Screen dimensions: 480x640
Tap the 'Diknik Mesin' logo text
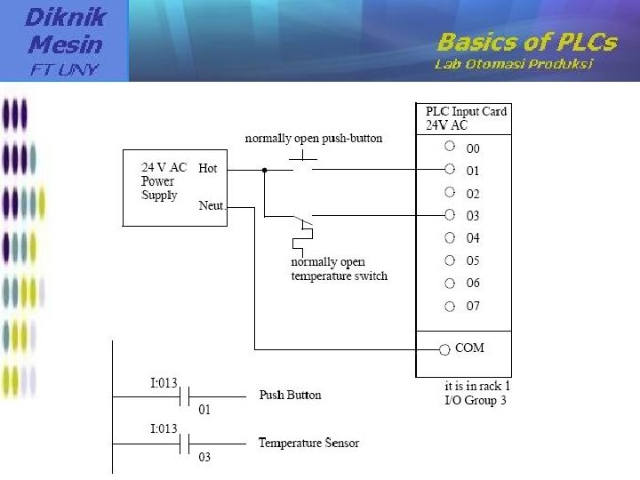point(64,30)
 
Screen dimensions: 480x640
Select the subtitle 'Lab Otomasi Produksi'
point(513,64)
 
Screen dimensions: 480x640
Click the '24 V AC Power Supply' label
point(164,181)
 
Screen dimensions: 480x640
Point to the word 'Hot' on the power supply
point(208,168)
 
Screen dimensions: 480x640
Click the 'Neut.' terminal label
point(212,205)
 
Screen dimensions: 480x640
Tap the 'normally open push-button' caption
point(313,139)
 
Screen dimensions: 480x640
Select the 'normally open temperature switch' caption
point(339,269)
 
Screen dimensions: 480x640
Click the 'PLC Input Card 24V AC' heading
point(465,118)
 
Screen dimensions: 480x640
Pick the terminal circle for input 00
point(450,146)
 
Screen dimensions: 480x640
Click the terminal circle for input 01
point(450,169)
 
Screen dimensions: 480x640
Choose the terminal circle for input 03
point(450,214)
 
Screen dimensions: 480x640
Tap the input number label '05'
point(473,261)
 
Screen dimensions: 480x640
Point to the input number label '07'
point(473,307)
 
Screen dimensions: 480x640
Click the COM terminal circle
point(444,348)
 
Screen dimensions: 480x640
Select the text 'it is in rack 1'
point(477,387)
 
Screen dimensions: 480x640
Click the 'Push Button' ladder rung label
point(290,396)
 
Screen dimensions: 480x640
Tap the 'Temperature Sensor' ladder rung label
point(308,443)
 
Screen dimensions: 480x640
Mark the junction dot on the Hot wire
point(264,169)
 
